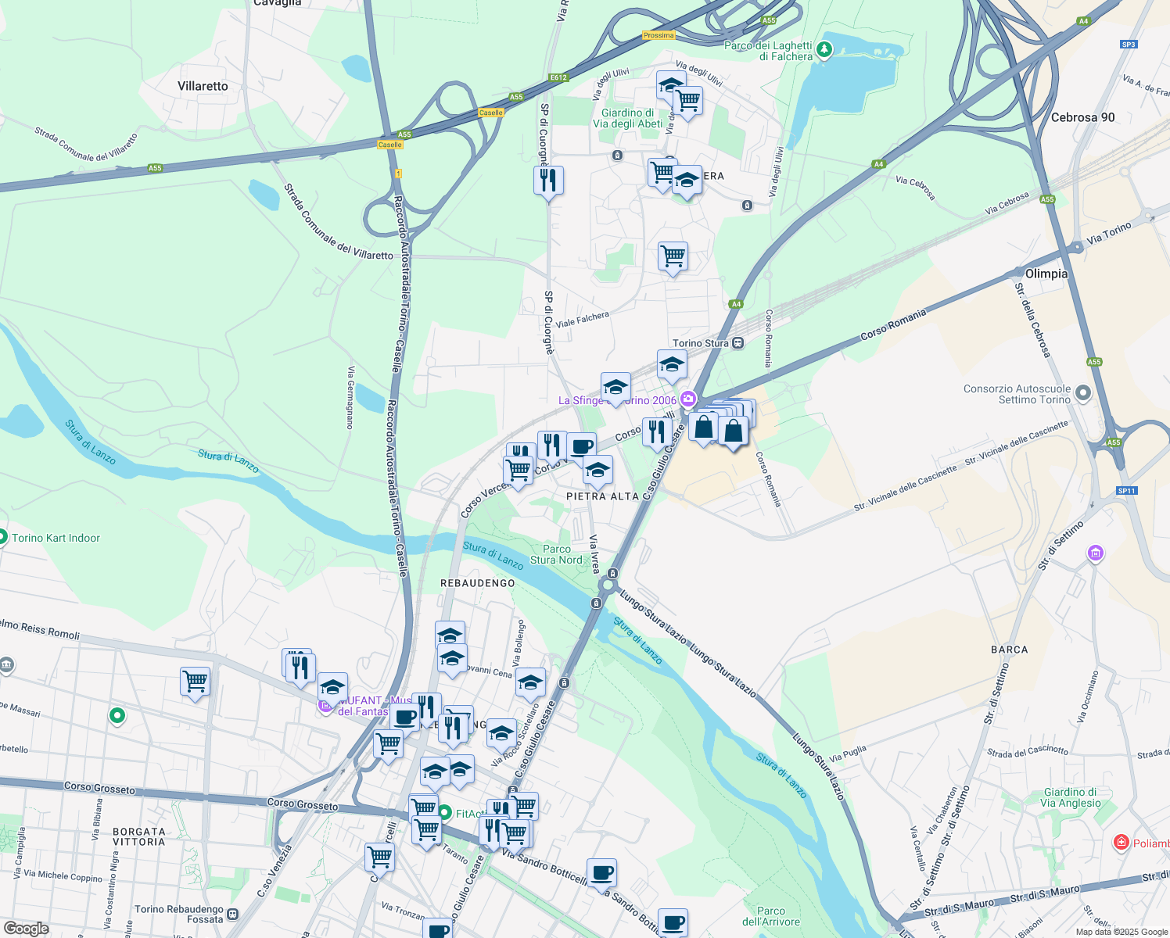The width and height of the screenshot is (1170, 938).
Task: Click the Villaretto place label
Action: (x=203, y=86)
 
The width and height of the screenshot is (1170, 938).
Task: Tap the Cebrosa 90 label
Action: (x=1082, y=117)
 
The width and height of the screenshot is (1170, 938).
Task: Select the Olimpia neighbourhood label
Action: (x=1046, y=274)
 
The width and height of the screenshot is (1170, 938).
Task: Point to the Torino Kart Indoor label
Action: (x=56, y=538)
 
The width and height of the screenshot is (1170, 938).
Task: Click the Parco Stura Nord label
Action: (x=556, y=554)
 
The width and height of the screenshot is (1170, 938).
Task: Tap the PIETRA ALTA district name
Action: (x=602, y=496)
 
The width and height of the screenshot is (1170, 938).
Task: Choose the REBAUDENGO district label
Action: (x=478, y=583)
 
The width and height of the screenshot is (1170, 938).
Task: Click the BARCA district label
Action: (x=1009, y=650)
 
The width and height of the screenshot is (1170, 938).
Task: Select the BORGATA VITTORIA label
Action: (x=139, y=836)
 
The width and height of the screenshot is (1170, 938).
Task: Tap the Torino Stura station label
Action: (x=701, y=343)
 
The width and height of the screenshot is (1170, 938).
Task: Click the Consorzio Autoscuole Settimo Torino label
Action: (x=1017, y=394)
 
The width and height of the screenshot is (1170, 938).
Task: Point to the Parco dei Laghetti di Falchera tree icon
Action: (x=824, y=51)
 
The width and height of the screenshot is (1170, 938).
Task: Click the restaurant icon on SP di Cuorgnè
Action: (x=548, y=181)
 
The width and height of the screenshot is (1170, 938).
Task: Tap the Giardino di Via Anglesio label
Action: (x=1070, y=797)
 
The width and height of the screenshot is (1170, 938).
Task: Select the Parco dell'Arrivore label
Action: (x=770, y=916)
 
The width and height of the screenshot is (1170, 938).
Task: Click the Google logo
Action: (x=26, y=929)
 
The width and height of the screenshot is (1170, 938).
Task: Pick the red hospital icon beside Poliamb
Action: (x=1122, y=843)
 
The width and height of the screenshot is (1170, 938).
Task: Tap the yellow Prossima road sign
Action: (x=658, y=35)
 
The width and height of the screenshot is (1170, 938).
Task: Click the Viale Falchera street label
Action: (x=582, y=319)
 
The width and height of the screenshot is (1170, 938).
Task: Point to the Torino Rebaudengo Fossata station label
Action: (x=179, y=914)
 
